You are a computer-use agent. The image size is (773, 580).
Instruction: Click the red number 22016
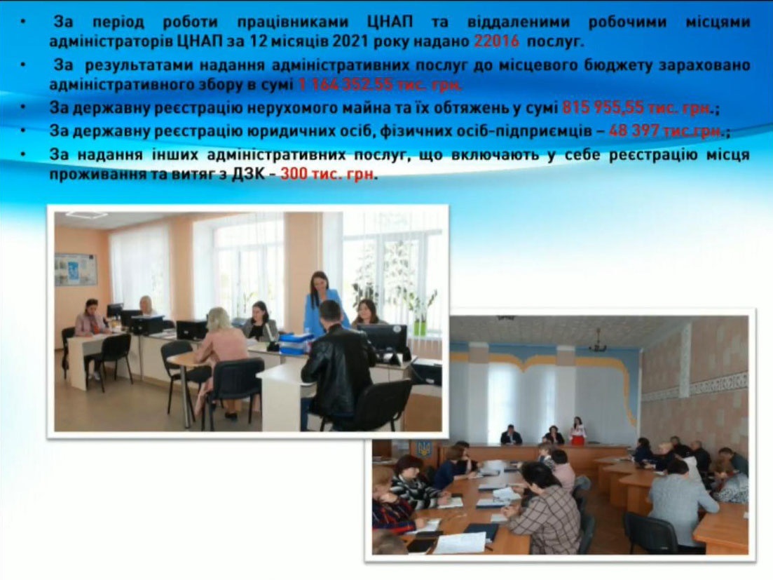(496, 41)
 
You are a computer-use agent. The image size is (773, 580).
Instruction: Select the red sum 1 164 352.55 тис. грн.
(380, 85)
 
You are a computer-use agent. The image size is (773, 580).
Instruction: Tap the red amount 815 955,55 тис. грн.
(638, 108)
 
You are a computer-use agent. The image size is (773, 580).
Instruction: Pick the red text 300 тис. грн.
(327, 174)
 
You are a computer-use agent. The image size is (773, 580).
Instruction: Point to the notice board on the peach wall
(76, 269)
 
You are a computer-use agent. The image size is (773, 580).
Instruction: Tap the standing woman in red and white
(577, 431)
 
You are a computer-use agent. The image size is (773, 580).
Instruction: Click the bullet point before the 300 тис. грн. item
(22, 155)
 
